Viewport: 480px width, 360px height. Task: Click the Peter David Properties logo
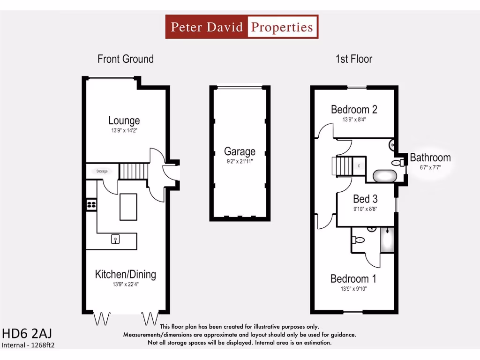pos(242,27)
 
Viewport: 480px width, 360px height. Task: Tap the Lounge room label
pos(124,120)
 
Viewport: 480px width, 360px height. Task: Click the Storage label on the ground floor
pos(102,171)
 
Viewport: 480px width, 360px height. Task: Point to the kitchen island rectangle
pos(128,207)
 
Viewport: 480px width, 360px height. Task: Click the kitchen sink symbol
pos(115,240)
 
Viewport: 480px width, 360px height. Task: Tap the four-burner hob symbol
pos(91,204)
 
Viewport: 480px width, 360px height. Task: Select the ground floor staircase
pos(133,171)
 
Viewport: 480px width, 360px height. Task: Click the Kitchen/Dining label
pos(125,274)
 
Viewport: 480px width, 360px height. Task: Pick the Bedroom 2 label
pos(354,109)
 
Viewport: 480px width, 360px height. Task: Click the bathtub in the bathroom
pos(385,176)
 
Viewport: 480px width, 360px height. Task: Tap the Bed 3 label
pos(365,199)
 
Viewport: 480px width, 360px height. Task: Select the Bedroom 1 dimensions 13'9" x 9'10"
pos(354,289)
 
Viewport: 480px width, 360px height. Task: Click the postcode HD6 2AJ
pos(27,333)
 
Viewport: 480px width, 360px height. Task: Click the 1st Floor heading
pos(353,59)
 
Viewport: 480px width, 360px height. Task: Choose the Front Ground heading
pos(125,59)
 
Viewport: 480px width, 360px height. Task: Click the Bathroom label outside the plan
pos(430,157)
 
